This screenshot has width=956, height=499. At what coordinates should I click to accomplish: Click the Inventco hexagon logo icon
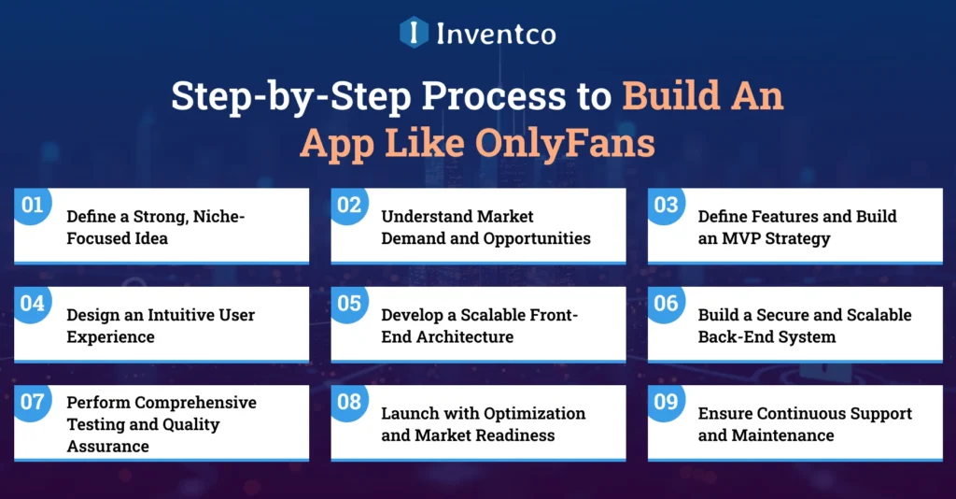(x=414, y=33)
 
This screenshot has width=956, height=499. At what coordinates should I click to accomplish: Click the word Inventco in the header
(x=496, y=34)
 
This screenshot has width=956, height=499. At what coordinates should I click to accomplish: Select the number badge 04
(x=33, y=304)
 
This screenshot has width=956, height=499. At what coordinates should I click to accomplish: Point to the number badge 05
(x=349, y=304)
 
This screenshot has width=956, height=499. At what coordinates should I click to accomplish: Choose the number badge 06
(x=666, y=304)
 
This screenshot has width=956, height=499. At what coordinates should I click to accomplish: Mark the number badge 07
(x=33, y=403)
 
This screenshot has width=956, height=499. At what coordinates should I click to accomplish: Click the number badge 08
(x=349, y=403)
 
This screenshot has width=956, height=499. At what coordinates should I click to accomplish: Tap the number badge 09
(x=666, y=403)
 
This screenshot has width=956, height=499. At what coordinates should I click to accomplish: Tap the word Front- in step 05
(x=555, y=315)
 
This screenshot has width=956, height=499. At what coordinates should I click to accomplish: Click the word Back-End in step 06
(x=733, y=336)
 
